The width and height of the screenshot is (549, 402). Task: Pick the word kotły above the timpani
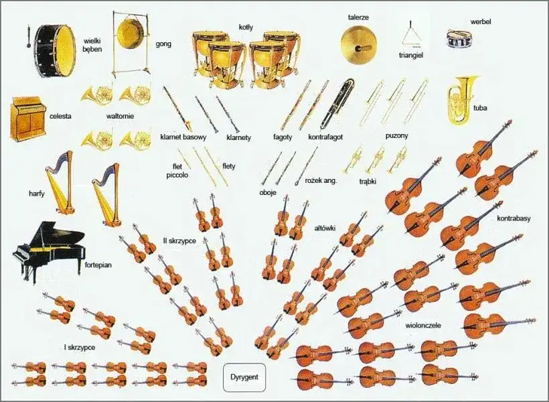coord(246,27)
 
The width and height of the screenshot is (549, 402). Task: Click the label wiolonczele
coord(423,326)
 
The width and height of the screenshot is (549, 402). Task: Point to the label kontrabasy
coord(514,218)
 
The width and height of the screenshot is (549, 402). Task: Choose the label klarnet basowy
coord(183,137)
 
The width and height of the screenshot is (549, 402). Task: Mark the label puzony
coord(396,135)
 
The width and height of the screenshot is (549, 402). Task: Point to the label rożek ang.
coord(321,180)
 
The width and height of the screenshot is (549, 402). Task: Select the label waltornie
coord(120,116)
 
